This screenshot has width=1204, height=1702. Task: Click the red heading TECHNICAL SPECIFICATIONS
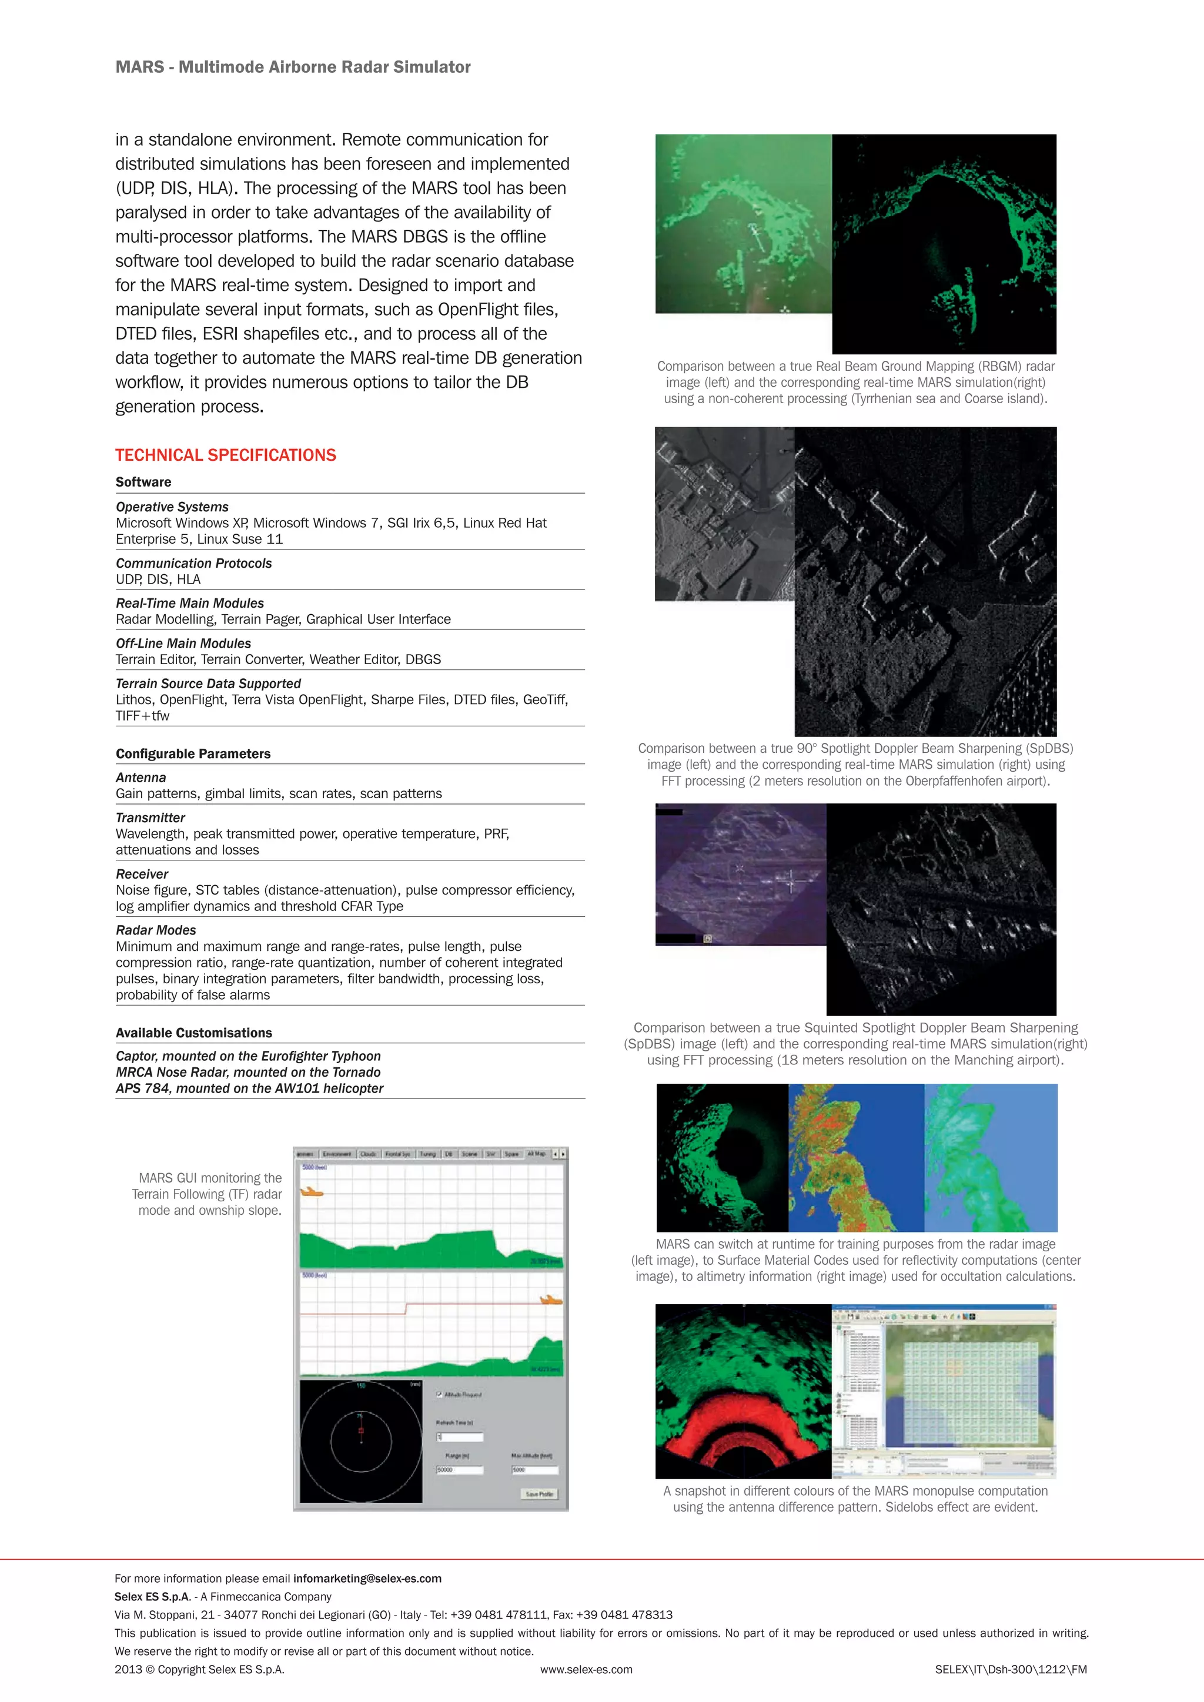click(225, 455)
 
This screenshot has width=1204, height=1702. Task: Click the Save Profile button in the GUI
click(539, 1494)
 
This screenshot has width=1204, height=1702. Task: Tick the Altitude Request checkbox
click(440, 1395)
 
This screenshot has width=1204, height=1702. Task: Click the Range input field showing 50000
click(459, 1470)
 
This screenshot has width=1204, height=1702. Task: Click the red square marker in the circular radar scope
click(361, 1430)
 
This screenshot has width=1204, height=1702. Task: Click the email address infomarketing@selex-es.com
click(367, 1578)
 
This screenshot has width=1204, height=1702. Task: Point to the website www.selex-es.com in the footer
click(586, 1670)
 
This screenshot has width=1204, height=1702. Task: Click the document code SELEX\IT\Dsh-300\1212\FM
click(1011, 1670)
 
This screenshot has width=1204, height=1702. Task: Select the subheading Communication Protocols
click(193, 564)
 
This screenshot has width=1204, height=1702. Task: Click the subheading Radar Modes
click(156, 930)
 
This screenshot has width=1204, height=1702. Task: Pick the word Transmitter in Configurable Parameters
click(150, 818)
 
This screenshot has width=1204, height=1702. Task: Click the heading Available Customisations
click(193, 1033)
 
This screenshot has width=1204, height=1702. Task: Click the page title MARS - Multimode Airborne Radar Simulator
click(293, 67)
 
